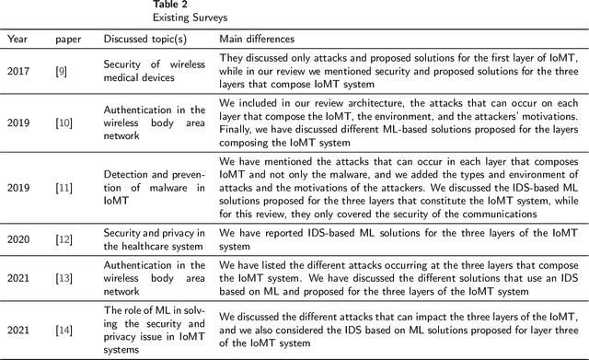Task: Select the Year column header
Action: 17,40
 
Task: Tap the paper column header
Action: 67,40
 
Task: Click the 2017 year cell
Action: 18,72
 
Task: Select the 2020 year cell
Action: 18,239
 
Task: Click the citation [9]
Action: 62,72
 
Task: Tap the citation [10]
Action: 64,122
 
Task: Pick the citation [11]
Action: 64,187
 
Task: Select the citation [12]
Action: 64,239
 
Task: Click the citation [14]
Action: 64,330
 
